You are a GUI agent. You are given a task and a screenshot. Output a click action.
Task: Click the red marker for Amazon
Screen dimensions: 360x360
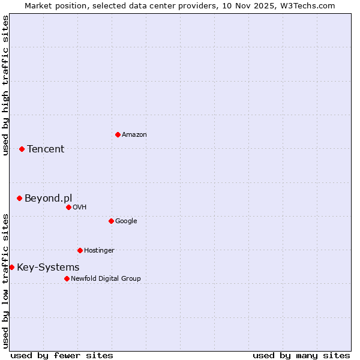pos(118,134)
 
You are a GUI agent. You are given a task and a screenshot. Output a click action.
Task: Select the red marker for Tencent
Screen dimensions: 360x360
pos(22,149)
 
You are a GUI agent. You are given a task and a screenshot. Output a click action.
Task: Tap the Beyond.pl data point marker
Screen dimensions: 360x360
pos(19,198)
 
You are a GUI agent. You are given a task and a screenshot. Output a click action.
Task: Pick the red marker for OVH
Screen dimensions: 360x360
pos(68,207)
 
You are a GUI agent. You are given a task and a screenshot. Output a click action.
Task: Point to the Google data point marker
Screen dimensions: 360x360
pos(111,221)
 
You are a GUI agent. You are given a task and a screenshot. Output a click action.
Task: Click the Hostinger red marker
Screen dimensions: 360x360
pos(80,250)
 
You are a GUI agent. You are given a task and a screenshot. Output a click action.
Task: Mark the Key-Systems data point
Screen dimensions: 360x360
pos(11,267)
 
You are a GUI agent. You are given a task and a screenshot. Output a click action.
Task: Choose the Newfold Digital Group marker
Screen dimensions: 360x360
pos(67,278)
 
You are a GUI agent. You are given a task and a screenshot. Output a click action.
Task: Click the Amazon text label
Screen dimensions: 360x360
pos(134,135)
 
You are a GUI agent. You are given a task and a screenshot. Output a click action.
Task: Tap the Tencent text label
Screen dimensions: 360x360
pos(46,149)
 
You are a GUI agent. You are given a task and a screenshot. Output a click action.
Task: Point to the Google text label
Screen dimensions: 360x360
pos(126,221)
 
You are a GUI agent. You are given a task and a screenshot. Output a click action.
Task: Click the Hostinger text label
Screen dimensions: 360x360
pos(99,251)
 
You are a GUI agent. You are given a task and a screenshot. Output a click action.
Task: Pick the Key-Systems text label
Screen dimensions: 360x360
pos(48,268)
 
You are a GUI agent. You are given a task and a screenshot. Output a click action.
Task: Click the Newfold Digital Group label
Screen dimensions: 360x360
pos(106,279)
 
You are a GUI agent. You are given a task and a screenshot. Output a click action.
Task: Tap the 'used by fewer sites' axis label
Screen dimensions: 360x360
pos(62,355)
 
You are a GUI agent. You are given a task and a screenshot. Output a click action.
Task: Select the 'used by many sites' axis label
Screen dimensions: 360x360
pos(301,355)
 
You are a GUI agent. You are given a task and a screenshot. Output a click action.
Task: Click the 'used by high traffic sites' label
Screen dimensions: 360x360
pos(5,85)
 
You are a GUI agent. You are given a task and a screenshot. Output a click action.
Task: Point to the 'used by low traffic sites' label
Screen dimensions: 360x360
pos(5,281)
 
